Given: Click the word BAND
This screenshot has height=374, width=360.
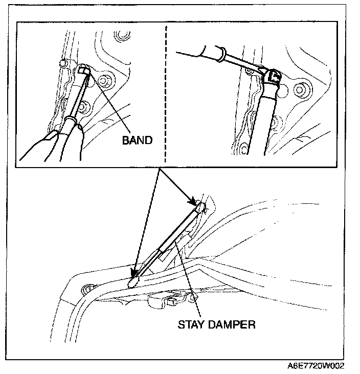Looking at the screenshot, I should pyautogui.click(x=137, y=140).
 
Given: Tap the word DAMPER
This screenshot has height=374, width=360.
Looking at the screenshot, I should pyautogui.click(x=233, y=324).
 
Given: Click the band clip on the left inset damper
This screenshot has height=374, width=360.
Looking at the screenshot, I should pyautogui.click(x=84, y=71).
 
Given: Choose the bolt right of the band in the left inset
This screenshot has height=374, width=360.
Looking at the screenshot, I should pyautogui.click(x=105, y=81).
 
